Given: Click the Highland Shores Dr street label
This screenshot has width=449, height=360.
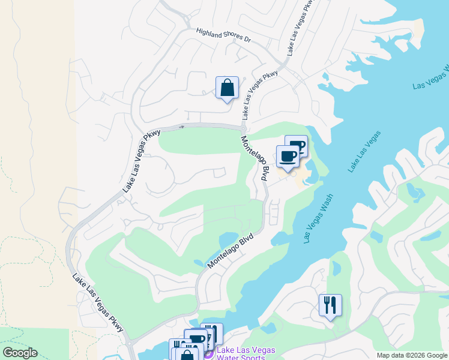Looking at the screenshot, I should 223,35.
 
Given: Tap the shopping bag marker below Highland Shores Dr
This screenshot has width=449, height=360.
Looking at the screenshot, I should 228,88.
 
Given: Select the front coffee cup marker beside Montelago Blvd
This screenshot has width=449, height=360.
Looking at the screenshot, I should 287,157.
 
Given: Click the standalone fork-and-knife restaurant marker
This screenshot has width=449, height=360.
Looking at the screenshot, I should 330,306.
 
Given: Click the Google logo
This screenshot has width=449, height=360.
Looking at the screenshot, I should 19,353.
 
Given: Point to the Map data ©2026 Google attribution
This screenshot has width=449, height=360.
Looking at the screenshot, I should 412,355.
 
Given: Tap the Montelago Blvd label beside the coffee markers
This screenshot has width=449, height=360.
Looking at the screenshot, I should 254,158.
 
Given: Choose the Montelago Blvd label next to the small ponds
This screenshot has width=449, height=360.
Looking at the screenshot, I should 231,251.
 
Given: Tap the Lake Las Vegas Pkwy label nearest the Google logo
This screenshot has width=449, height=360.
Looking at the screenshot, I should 98,303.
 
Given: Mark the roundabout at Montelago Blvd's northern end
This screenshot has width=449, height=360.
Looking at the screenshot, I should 243,128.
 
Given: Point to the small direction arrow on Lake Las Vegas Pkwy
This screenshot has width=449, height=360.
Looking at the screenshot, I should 181,126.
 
